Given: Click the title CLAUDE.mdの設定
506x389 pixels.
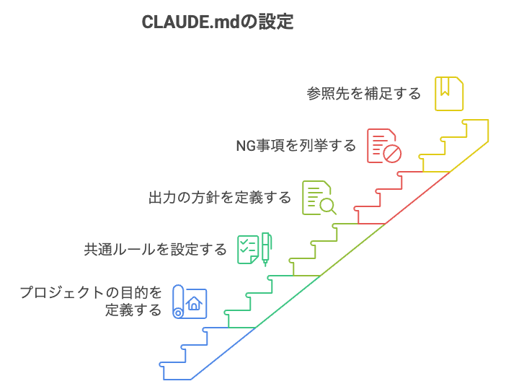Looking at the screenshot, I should pos(217,22).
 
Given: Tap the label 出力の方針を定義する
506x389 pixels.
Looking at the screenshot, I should pos(220,198).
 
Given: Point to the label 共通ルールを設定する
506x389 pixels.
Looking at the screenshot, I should pos(156,250).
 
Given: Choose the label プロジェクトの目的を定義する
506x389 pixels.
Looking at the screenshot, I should pos(91,302).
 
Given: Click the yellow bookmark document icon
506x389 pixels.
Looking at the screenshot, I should pos(449,93).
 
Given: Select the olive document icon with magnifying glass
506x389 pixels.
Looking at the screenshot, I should pos(319,197).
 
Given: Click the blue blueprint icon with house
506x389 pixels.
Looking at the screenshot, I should pos(190,302).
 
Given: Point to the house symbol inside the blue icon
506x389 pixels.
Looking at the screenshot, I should pos(194,303).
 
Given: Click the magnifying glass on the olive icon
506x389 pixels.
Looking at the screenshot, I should pos(328,206).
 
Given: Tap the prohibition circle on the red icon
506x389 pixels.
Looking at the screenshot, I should pos(391,154).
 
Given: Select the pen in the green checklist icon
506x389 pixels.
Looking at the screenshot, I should pos(266,249).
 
